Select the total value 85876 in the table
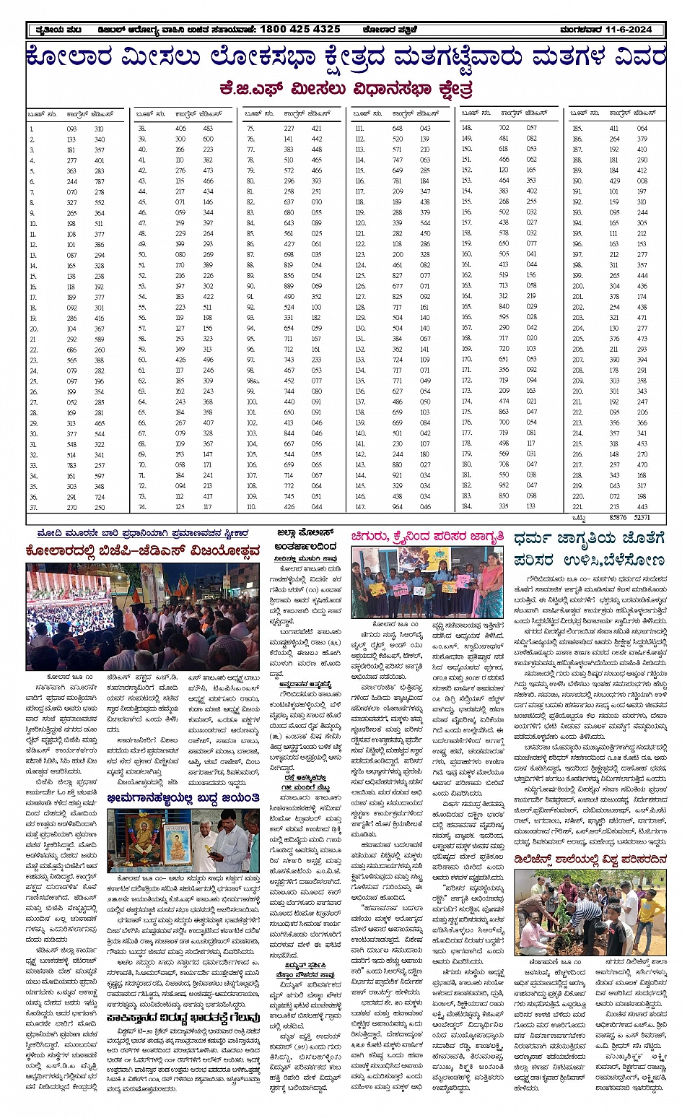tap(618, 518)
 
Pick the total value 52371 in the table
tap(642, 518)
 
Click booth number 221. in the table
tap(577, 507)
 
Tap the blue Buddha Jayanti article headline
tap(183, 798)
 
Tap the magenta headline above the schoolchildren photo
tap(428, 537)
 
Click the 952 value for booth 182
tap(504, 485)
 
